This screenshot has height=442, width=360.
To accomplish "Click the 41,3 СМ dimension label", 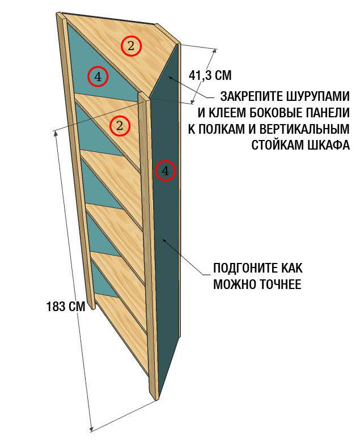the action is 210,75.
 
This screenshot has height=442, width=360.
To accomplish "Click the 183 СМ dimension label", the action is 66,307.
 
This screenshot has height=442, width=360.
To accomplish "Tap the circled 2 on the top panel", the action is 131,46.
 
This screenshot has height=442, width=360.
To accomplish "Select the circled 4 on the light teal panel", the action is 98,76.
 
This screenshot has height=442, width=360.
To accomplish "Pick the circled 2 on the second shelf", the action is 120,126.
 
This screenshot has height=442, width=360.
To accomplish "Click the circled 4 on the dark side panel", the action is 165,170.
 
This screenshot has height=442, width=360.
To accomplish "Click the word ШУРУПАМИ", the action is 318,96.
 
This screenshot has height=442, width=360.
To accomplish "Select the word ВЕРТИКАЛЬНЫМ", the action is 304,129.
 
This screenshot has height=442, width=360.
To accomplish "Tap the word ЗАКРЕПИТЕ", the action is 252,96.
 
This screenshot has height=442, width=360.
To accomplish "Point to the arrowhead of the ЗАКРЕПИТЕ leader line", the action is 170,78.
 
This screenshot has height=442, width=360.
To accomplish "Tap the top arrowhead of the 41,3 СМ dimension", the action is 215,52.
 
